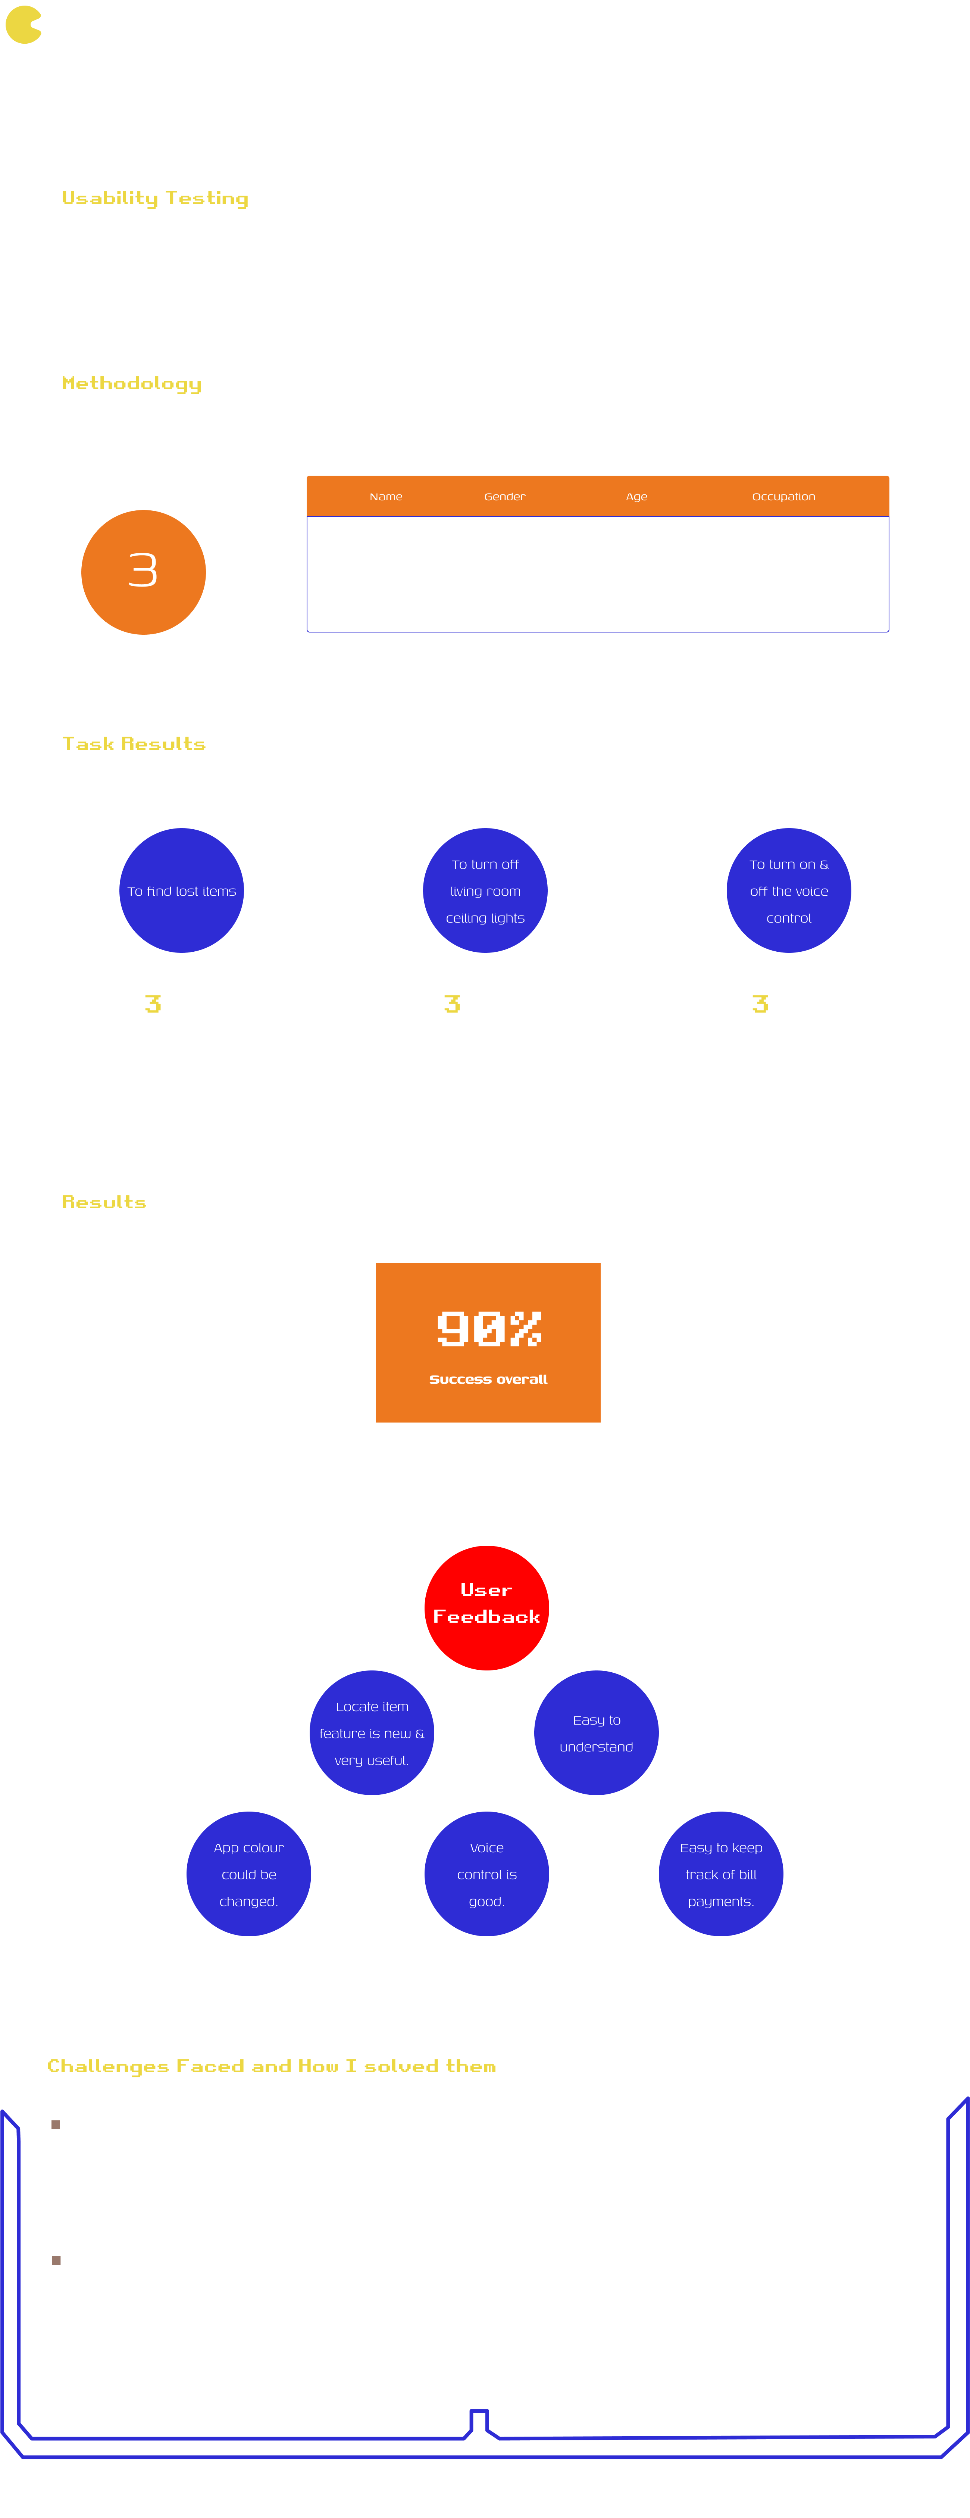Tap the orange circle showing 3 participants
144,572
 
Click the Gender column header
504,497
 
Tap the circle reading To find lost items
182,890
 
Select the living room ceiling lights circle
485,890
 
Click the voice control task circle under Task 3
788,890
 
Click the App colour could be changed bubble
249,1874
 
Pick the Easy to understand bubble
596,1733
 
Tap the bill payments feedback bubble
721,1874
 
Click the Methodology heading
132,383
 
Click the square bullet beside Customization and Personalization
56,2260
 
